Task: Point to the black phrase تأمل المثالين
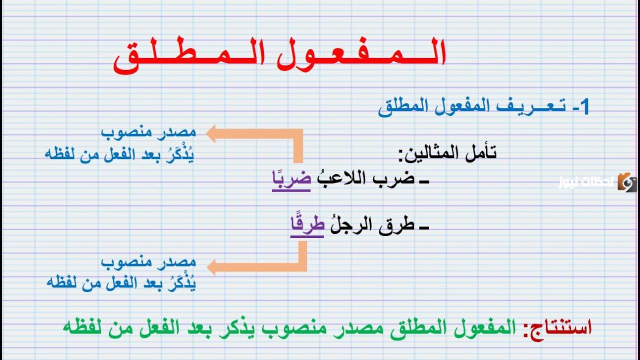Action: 447,153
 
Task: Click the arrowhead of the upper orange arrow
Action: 211,134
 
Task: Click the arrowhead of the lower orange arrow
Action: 211,267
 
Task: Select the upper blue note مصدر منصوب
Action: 148,133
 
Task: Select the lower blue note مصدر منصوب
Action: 148,262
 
